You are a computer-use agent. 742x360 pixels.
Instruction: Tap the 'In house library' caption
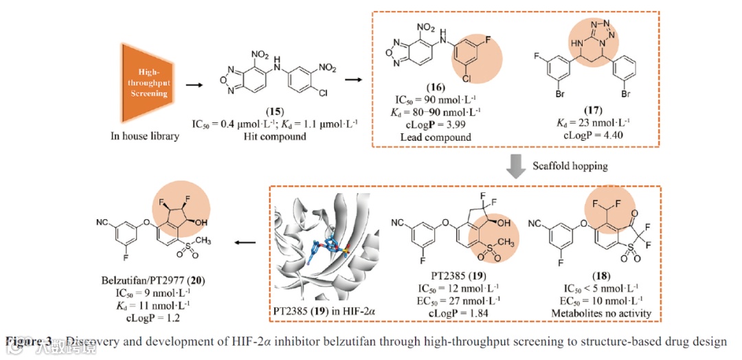[x=145, y=136]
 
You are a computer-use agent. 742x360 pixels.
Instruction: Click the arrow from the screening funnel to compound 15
[x=194, y=85]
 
